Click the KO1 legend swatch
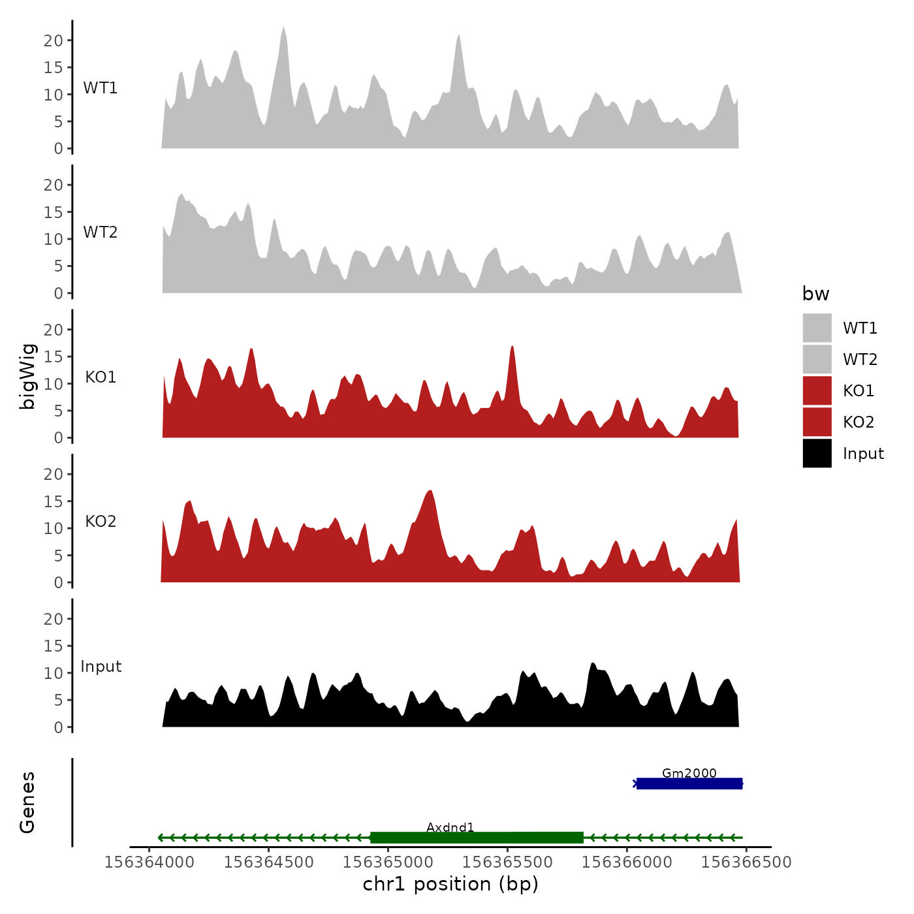(817, 390)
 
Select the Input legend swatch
(817, 453)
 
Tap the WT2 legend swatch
(817, 359)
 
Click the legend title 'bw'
(815, 294)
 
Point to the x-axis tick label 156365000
(388, 862)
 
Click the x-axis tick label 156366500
(746, 862)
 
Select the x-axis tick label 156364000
(150, 862)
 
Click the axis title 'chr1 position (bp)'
(450, 884)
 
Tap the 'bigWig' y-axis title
(27, 376)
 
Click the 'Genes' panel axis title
(27, 802)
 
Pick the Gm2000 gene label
(689, 773)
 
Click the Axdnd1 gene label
(450, 827)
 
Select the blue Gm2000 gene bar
(689, 783)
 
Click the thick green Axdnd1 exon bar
(477, 838)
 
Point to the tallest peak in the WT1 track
(283, 29)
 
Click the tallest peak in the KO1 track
(512, 347)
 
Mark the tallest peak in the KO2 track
(429, 491)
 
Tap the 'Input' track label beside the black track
(101, 667)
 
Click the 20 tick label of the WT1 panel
(54, 40)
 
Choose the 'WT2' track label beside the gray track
(101, 232)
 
